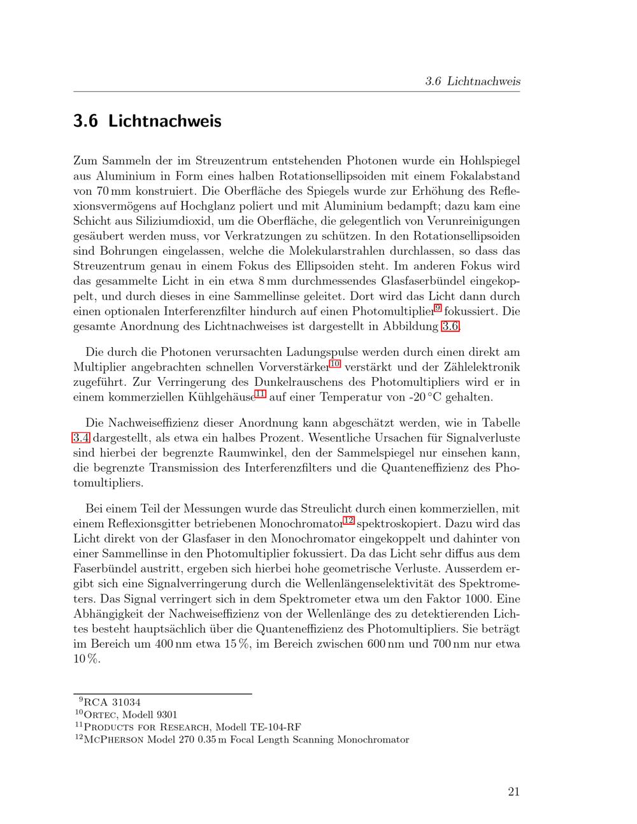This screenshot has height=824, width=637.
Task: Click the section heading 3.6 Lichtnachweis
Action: (x=147, y=121)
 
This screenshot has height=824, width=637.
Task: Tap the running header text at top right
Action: (x=473, y=82)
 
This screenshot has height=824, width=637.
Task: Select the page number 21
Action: (x=513, y=792)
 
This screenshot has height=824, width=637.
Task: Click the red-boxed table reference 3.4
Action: (x=82, y=438)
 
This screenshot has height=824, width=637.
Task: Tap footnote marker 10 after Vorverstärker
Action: (x=335, y=364)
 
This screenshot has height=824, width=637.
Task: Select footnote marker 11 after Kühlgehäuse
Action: (x=259, y=395)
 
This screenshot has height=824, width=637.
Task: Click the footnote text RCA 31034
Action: (x=112, y=702)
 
